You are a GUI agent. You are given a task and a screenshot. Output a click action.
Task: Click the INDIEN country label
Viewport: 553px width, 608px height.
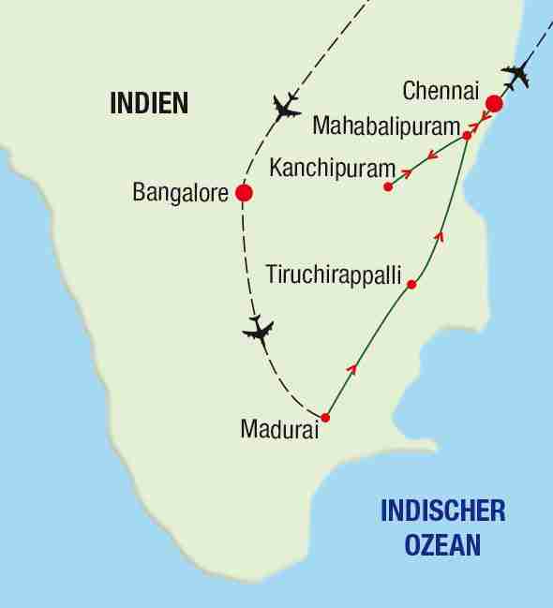coord(150,103)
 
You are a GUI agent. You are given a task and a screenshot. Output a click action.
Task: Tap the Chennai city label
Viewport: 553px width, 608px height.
coord(440,91)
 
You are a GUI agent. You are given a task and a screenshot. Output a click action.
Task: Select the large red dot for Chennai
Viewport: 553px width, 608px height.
coord(493,104)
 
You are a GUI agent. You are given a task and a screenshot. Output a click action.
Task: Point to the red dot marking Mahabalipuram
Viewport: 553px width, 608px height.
coord(467,136)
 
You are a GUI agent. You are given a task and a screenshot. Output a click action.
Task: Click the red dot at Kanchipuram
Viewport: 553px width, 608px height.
coord(388,187)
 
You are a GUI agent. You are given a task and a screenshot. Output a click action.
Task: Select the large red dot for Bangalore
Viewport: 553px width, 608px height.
coord(244,194)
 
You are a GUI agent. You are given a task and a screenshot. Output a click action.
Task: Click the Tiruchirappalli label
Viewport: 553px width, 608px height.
coord(334,275)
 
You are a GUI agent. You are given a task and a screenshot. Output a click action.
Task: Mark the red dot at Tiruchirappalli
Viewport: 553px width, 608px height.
coord(411,284)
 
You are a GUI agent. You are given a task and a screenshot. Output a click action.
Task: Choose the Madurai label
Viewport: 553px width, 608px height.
coord(279,431)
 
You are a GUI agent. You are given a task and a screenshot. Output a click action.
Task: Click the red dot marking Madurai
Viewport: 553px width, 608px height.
coord(325,418)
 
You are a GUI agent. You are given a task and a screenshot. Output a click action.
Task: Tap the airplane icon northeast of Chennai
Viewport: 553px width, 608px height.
coord(516,75)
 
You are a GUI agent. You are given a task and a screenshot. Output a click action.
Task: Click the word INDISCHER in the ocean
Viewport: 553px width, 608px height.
coord(443,512)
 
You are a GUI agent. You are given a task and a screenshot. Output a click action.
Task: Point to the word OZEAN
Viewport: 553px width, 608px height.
coord(444,543)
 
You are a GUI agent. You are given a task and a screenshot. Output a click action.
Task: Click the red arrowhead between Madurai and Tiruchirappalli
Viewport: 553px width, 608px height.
coord(352,370)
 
